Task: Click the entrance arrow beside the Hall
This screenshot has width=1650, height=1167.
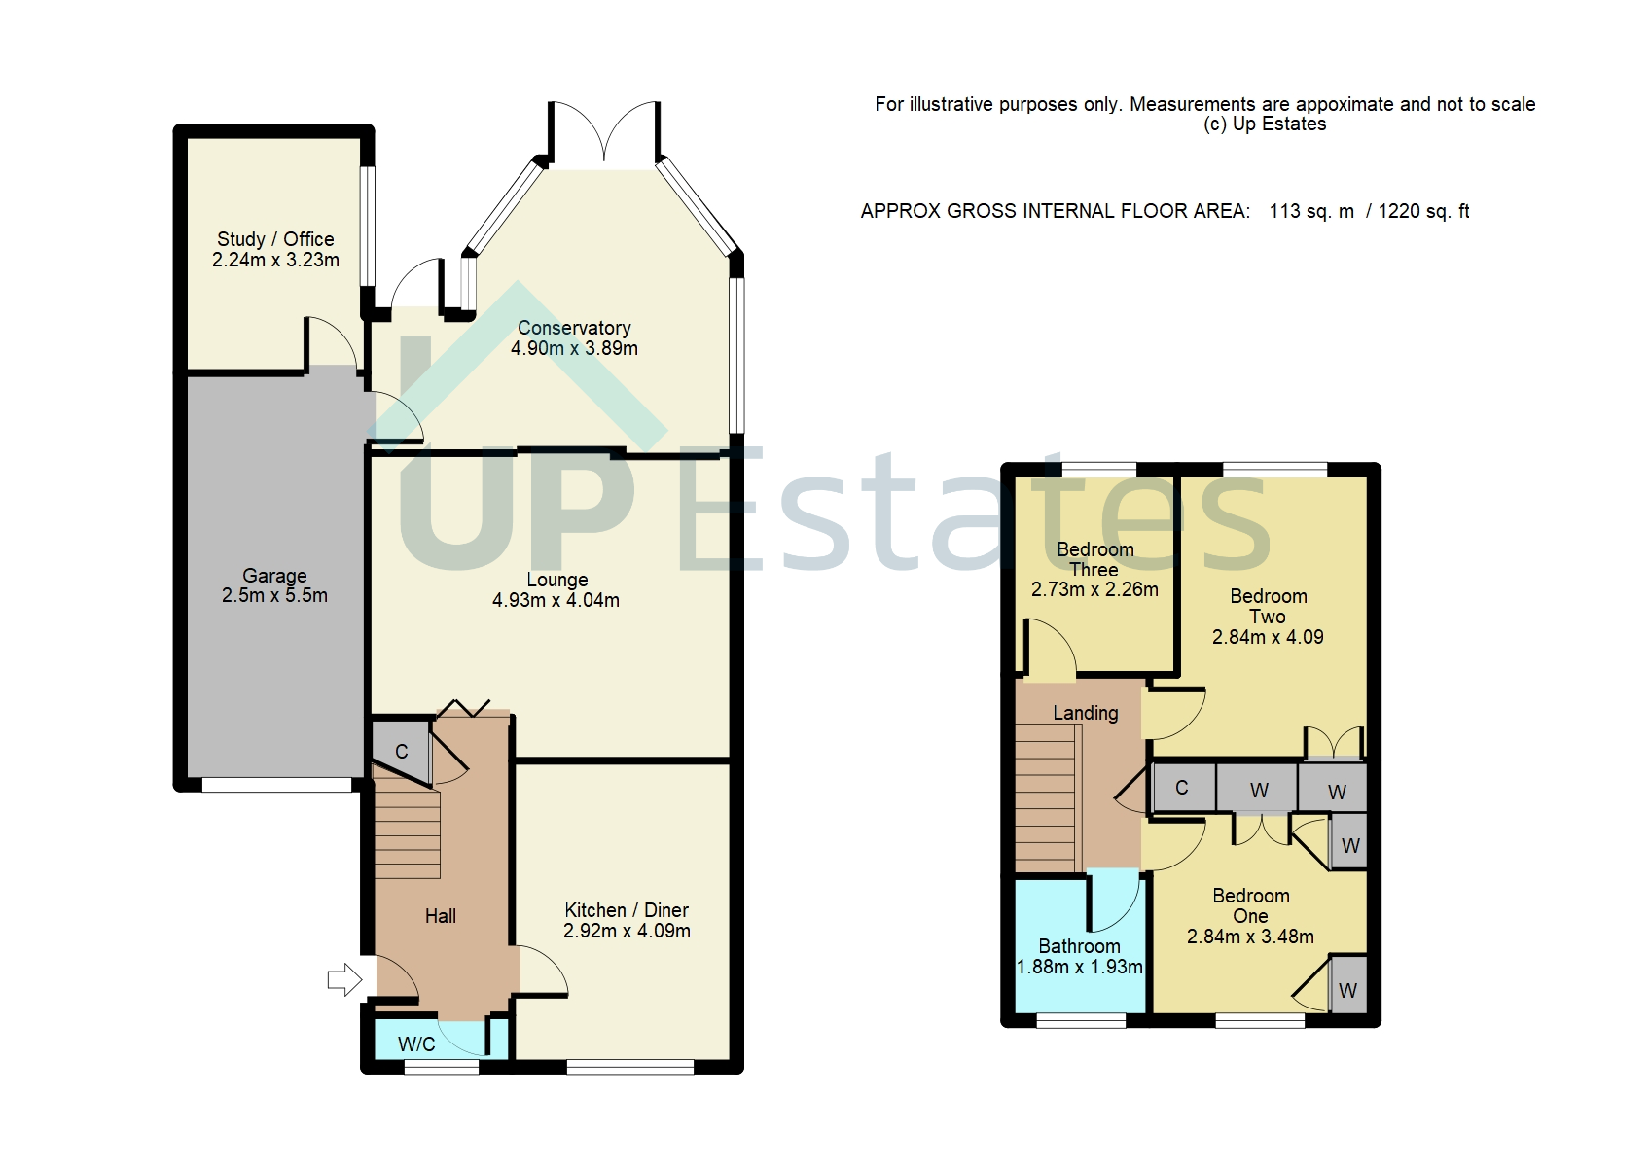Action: tap(343, 979)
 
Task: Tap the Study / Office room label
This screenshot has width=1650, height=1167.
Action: tap(275, 239)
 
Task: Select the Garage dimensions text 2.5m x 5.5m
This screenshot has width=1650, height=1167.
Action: tap(274, 596)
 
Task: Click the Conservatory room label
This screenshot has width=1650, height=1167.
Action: tap(574, 328)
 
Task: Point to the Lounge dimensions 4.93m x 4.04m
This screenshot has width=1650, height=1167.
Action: tap(556, 601)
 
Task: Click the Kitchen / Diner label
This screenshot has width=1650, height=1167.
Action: tap(627, 910)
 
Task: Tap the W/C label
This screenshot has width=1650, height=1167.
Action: tap(416, 1044)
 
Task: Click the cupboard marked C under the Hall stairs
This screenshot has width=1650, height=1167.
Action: tap(401, 751)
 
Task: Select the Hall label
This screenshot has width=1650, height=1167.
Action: tap(441, 916)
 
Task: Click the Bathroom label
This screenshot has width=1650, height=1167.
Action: tap(1079, 946)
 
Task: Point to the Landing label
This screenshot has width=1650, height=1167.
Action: tap(1086, 713)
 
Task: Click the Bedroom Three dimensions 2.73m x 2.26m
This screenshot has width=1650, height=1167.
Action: tap(1094, 589)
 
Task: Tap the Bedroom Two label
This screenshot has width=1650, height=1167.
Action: tap(1268, 606)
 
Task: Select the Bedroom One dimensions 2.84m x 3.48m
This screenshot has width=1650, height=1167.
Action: tap(1250, 937)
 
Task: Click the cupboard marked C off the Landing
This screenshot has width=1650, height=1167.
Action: tap(1182, 788)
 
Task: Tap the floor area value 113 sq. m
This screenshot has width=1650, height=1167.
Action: tap(1311, 211)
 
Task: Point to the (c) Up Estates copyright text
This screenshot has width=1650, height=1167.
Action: tap(1265, 124)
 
